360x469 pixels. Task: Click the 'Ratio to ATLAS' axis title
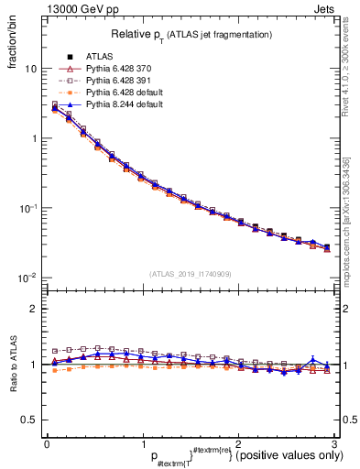(13, 369)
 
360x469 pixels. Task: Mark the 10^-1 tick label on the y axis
(27, 209)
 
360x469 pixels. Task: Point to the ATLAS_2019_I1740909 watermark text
(191, 274)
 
